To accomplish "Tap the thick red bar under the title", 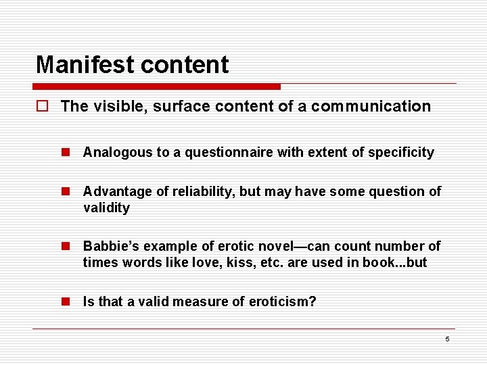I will (156, 87).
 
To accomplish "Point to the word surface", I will (185, 106).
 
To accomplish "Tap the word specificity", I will (400, 152).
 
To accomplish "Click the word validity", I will (106, 208).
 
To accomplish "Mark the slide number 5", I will (447, 339).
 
